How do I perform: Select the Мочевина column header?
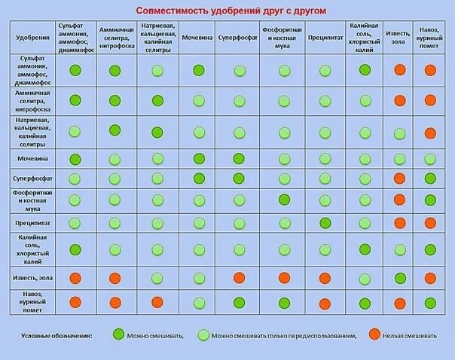pyautogui.click(x=198, y=36)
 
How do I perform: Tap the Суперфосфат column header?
pyautogui.click(x=239, y=36)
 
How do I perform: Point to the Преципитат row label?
pyautogui.click(x=32, y=224)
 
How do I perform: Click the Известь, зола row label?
pyautogui.click(x=32, y=278)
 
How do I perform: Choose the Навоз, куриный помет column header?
pyautogui.click(x=430, y=36)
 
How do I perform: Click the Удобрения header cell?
pyautogui.click(x=32, y=36)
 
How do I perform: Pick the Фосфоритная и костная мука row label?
pyautogui.click(x=32, y=200)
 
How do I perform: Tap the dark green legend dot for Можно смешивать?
pyautogui.click(x=118, y=334)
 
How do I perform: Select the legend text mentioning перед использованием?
pyautogui.click(x=283, y=335)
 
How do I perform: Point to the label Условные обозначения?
pyautogui.click(x=56, y=335)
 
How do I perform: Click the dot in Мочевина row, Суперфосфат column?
pyautogui.click(x=239, y=159)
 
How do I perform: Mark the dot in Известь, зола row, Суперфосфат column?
pyautogui.click(x=239, y=278)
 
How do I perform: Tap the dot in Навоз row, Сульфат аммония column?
pyautogui.click(x=75, y=302)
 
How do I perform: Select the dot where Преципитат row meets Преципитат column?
pyautogui.click(x=325, y=224)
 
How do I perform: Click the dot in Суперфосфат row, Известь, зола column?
pyautogui.click(x=400, y=179)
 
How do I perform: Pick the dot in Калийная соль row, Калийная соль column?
pyautogui.click(x=365, y=249)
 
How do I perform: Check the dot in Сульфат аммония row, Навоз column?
pyautogui.click(x=430, y=70)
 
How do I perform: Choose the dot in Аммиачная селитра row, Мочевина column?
pyautogui.click(x=198, y=99)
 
